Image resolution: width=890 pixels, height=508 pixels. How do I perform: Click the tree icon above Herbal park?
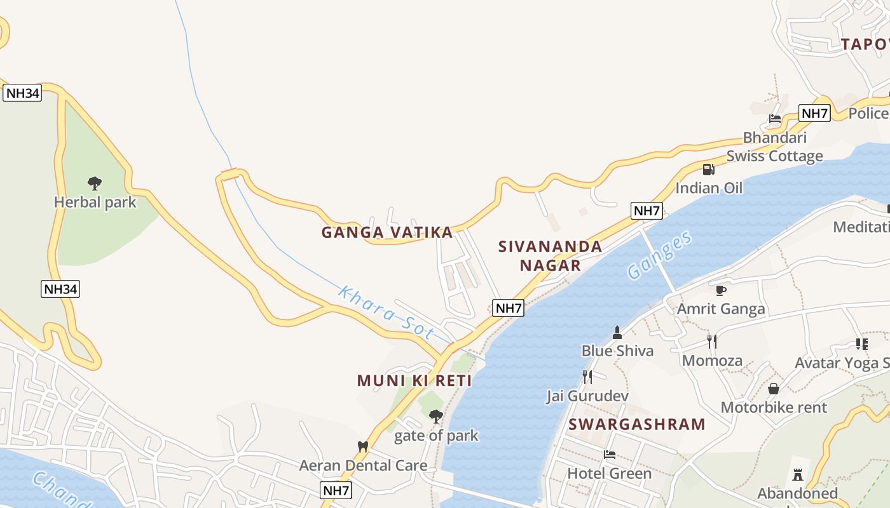point(95,184)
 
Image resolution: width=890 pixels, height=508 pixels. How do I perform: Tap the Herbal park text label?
point(95,203)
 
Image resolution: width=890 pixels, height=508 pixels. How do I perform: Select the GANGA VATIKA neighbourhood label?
point(387,232)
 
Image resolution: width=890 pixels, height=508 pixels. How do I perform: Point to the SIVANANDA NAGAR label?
point(551,256)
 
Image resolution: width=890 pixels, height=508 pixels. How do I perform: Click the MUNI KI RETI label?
point(414,381)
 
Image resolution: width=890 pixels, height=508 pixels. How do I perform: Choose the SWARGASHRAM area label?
point(637,424)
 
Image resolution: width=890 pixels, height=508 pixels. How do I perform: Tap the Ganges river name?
point(659,255)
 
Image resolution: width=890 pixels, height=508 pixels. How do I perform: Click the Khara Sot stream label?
point(386,313)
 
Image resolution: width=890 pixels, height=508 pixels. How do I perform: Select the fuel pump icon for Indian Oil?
point(708,169)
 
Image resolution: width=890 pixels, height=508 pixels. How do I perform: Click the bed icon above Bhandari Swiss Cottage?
point(774,119)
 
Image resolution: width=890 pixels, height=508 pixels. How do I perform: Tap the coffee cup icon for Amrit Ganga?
point(720,290)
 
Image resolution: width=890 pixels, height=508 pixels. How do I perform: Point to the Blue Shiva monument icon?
point(617,332)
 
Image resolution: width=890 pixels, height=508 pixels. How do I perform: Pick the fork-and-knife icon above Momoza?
point(712,342)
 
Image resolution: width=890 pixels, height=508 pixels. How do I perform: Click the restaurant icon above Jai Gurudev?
point(587,377)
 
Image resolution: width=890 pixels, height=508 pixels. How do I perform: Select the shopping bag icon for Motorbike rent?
point(774,389)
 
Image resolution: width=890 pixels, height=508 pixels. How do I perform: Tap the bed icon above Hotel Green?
point(609,455)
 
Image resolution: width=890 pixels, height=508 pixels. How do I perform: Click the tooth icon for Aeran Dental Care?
point(363,446)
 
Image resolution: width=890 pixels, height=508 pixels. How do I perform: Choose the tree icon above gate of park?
point(435,417)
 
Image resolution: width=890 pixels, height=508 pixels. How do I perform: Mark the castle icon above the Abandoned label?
point(797,474)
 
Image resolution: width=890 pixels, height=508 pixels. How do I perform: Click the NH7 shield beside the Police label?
point(814,114)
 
